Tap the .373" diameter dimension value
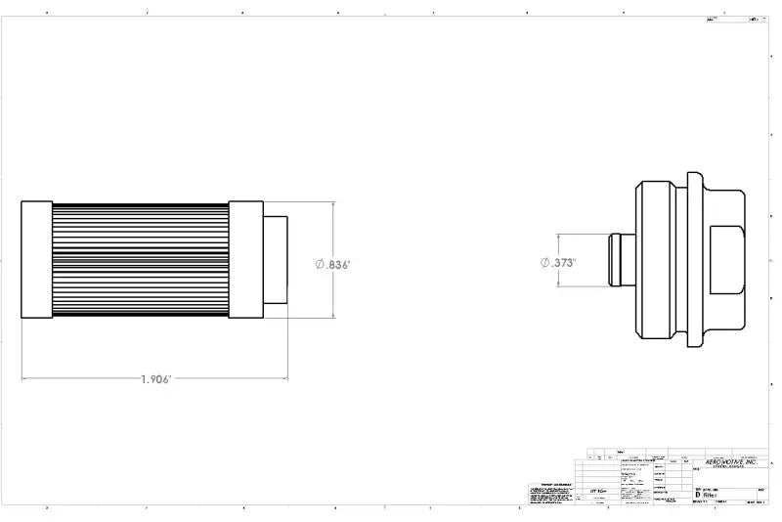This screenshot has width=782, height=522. pyautogui.click(x=562, y=262)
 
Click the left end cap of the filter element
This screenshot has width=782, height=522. pyautogui.click(x=36, y=260)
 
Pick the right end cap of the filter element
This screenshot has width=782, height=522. pyautogui.click(x=244, y=260)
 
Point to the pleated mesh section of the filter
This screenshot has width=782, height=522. pyautogui.click(x=140, y=260)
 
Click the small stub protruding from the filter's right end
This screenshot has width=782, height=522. pyautogui.click(x=275, y=260)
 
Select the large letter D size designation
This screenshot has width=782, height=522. pyautogui.click(x=697, y=496)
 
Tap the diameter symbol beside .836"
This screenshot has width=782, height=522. pyautogui.click(x=320, y=265)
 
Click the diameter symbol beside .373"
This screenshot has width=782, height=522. pyautogui.click(x=545, y=262)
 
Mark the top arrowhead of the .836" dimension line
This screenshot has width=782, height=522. pyautogui.click(x=333, y=205)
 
